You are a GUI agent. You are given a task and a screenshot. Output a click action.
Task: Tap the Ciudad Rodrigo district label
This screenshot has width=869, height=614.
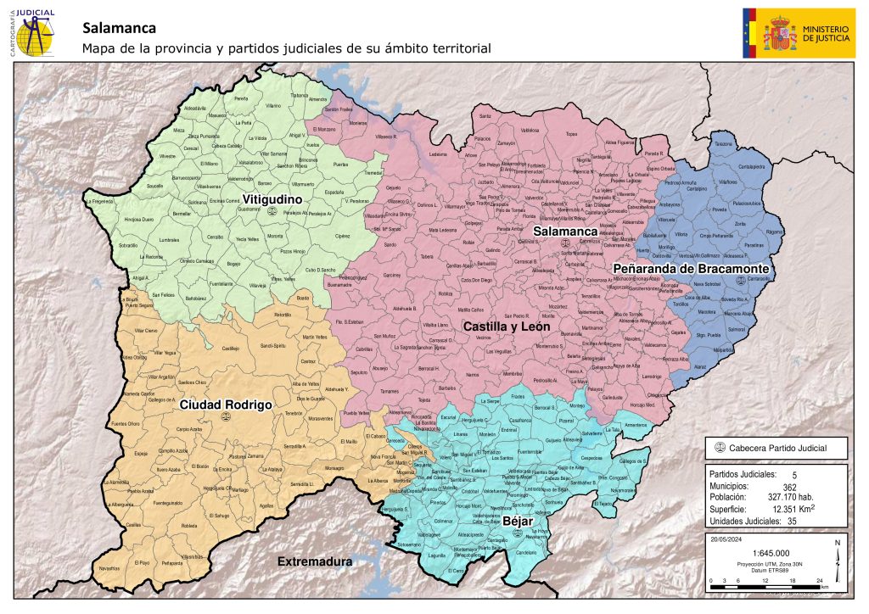click(x=225, y=405)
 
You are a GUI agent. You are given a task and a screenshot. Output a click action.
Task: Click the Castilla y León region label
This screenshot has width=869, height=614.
click(x=507, y=326)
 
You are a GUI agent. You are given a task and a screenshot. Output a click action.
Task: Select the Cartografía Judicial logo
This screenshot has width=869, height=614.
click(x=33, y=32)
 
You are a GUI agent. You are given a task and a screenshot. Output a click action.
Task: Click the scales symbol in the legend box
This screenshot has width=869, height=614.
click(x=720, y=448)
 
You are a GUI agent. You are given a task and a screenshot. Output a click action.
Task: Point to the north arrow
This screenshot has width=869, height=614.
click(x=837, y=555)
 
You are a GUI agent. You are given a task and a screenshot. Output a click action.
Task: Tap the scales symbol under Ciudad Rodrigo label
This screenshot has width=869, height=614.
click(x=226, y=418)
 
